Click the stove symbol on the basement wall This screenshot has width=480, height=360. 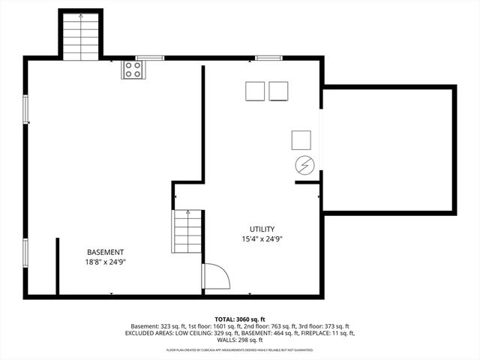click(133, 70)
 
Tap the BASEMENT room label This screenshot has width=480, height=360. click(106, 252)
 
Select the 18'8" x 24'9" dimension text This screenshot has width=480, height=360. click(106, 262)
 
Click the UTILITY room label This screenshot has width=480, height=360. click(262, 229)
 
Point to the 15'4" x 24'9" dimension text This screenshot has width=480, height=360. click(262, 239)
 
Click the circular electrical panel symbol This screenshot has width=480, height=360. click(304, 164)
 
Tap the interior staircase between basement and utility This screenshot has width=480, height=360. click(187, 232)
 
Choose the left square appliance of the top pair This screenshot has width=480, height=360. click(255, 91)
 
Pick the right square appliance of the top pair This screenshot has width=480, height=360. click(279, 91)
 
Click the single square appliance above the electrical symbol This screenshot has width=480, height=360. click(301, 139)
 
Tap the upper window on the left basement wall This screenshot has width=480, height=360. click(26, 109)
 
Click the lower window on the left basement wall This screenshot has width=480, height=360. click(26, 251)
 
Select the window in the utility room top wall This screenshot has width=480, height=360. click(268, 57)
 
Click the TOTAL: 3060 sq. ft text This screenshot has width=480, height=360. click(240, 319)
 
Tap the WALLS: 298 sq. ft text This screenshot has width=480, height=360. click(240, 340)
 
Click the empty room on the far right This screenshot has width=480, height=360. click(388, 150)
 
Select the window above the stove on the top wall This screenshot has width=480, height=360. click(150, 57)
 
